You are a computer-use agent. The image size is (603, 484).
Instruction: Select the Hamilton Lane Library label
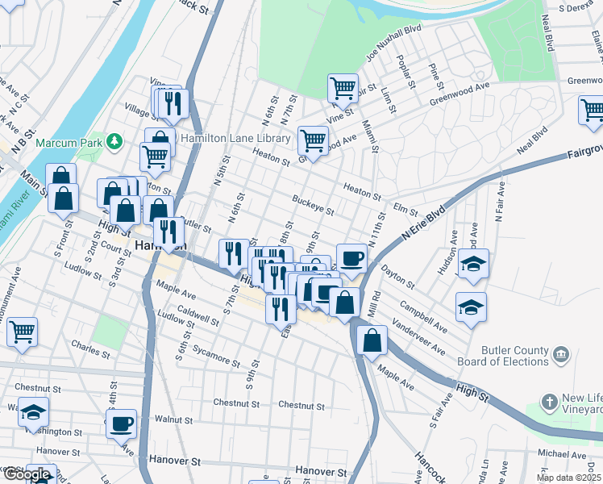(235, 139)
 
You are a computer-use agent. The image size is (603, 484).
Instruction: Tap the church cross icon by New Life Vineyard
(549, 402)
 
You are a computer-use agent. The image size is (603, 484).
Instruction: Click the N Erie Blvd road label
(423, 224)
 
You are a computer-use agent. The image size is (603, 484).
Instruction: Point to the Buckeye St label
(313, 204)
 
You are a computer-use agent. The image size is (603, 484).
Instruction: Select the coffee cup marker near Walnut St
(121, 423)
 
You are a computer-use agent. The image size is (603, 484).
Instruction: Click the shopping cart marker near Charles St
(22, 331)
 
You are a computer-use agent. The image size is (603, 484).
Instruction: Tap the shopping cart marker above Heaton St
(313, 140)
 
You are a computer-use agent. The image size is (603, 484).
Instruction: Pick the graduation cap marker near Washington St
(33, 411)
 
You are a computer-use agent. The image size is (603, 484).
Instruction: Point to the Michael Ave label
(562, 454)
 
